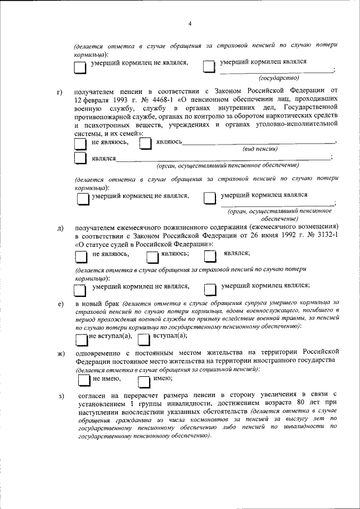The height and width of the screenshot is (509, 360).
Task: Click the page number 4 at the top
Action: click(x=190, y=24)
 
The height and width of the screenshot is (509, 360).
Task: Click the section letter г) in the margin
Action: click(x=60, y=91)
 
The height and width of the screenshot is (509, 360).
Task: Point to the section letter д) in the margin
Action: click(x=60, y=228)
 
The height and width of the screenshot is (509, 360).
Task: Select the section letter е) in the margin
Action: click(x=60, y=305)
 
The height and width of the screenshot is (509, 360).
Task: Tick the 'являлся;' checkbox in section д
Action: click(x=210, y=256)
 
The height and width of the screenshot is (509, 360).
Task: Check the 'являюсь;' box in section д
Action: click(x=152, y=256)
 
